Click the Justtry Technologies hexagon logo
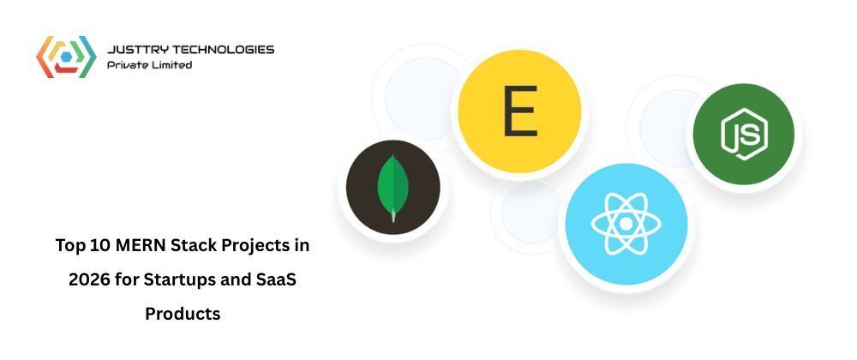pyautogui.click(x=65, y=57)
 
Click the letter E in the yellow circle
pyautogui.click(x=519, y=111)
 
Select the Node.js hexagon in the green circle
pyautogui.click(x=743, y=133)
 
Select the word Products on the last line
pyautogui.click(x=183, y=314)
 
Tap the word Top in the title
pyautogui.click(x=69, y=246)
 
